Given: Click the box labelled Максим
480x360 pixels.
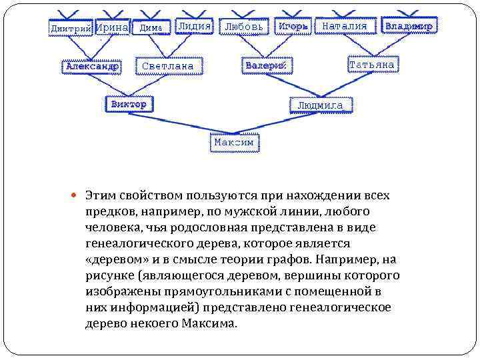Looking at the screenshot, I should point(233,143).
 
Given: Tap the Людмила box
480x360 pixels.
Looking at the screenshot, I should point(320,105).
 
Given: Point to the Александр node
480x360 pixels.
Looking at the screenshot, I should point(92,66).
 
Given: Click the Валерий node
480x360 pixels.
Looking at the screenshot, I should point(265,66).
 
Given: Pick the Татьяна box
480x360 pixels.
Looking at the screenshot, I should point(371,65).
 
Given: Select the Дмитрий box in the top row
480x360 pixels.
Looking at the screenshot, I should point(71,28).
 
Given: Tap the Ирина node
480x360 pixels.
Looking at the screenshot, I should point(112,27).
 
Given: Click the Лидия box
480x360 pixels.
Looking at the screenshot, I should point(194,26).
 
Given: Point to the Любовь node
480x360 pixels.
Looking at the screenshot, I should point(244,27).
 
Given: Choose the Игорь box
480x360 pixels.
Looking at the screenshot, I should point(293,27).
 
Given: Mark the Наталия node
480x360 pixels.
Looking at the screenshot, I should point(345,27).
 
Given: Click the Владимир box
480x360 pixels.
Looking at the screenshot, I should point(409,27).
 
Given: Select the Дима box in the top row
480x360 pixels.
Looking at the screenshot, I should point(151,28).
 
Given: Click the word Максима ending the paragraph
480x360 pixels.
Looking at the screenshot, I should point(209,323).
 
